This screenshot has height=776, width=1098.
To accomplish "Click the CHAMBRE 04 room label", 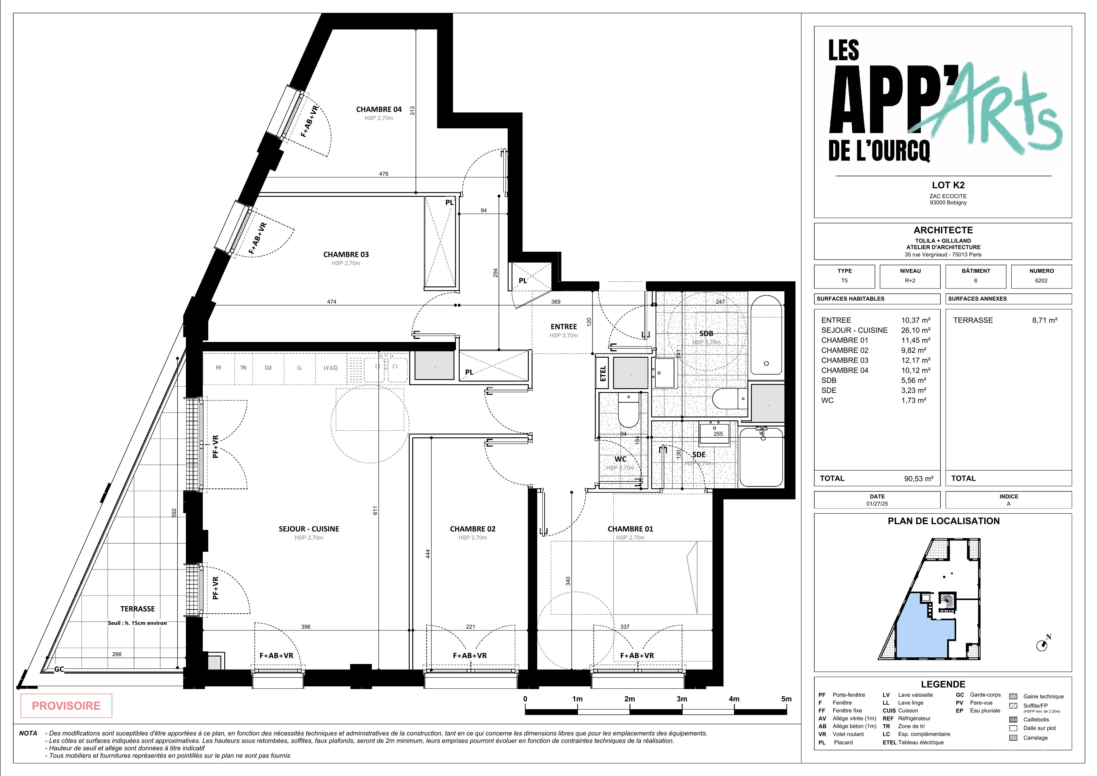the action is point(379,110).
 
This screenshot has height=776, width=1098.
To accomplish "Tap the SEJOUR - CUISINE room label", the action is point(309,529).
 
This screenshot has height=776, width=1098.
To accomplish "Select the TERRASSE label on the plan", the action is point(137,609).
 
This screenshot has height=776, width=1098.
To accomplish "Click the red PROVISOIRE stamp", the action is point(66,706).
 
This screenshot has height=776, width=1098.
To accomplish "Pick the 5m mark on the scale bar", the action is point(787,699).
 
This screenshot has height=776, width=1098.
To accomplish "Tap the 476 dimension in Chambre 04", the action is point(384,174).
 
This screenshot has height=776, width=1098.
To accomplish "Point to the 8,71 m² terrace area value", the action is point(1045,320).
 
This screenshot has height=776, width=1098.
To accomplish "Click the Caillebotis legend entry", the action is point(1036,720).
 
